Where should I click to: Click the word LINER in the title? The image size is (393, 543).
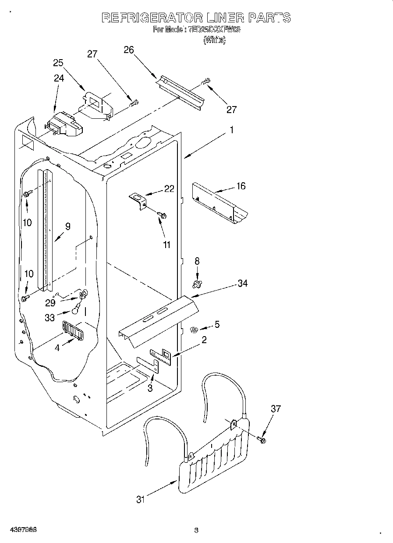coord(224,18)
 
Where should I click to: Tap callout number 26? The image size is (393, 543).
coord(128,50)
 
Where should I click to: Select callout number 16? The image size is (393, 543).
coord(241,186)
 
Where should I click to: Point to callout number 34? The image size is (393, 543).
coord(242,284)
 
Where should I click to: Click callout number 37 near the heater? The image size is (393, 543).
coord(275,409)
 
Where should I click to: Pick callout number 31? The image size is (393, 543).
coord(140,499)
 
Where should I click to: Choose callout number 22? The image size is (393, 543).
coord(169,188)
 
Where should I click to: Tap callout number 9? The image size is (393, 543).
coord(67,227)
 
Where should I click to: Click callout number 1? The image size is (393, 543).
coord(232,130)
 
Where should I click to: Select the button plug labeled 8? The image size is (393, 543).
coord(197,285)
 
